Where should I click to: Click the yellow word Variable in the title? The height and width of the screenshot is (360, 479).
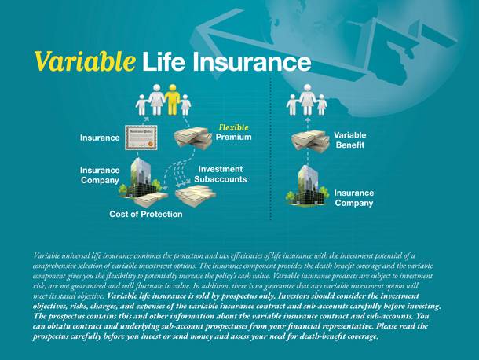coord(85,61)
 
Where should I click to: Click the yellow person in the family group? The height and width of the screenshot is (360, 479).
coord(172,100)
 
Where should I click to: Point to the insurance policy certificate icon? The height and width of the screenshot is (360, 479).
coord(141,138)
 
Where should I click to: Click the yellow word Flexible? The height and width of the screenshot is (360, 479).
coord(234,127)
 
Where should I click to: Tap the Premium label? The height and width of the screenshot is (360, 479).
coord(234,137)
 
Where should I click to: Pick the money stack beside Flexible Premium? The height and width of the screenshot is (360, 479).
coord(192,138)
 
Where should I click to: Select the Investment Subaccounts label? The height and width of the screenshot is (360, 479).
coord(221,174)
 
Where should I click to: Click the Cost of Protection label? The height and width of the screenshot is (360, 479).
coord(146,214)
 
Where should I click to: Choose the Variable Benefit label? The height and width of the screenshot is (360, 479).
coord(350,140)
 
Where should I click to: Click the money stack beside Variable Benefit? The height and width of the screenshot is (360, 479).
coord(310,141)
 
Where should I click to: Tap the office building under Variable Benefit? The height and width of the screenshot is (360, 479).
coord(308,186)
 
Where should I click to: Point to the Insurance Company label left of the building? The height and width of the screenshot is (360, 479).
coord(100,175)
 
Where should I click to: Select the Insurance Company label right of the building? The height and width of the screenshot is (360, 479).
coord(353,198)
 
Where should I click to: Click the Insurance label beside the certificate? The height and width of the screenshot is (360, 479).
coord(100,138)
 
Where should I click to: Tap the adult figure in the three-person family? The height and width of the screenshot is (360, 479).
coord(307,100)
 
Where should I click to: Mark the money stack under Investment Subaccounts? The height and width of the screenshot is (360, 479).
coord(196,195)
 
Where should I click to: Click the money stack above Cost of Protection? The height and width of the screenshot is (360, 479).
coord(152,200)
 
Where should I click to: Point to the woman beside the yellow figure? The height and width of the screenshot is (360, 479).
coord(156,100)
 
